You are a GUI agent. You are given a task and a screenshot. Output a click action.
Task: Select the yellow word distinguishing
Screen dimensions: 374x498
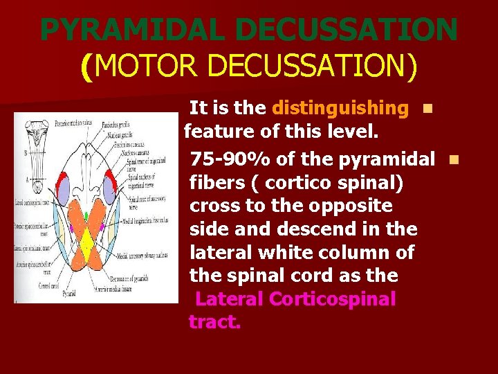tap(340, 108)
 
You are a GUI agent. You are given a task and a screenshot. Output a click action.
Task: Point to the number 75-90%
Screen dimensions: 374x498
tap(230, 159)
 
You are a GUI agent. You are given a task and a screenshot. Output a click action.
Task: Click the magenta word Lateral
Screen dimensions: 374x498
tap(230, 299)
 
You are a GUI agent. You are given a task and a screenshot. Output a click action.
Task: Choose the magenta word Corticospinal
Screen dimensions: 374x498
tap(333, 299)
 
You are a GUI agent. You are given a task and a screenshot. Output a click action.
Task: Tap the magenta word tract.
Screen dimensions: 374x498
tap(214, 322)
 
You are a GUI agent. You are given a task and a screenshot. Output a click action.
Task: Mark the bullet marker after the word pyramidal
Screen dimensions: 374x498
tap(453, 159)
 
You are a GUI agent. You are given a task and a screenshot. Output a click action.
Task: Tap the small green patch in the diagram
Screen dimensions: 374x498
tap(86, 217)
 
